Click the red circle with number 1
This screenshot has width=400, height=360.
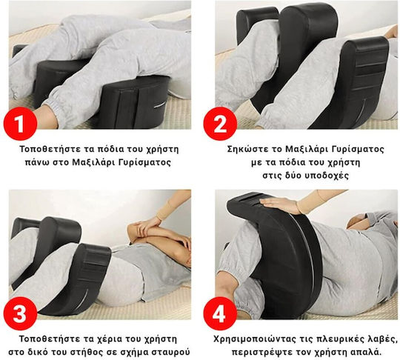pyautogui.click(x=20, y=124)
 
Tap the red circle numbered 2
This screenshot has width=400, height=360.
pyautogui.click(x=220, y=124)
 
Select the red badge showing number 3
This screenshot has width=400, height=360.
pyautogui.click(x=20, y=313)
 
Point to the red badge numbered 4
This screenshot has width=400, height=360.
pyautogui.click(x=220, y=313)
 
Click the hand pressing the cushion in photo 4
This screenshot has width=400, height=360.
pyautogui.click(x=278, y=204)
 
